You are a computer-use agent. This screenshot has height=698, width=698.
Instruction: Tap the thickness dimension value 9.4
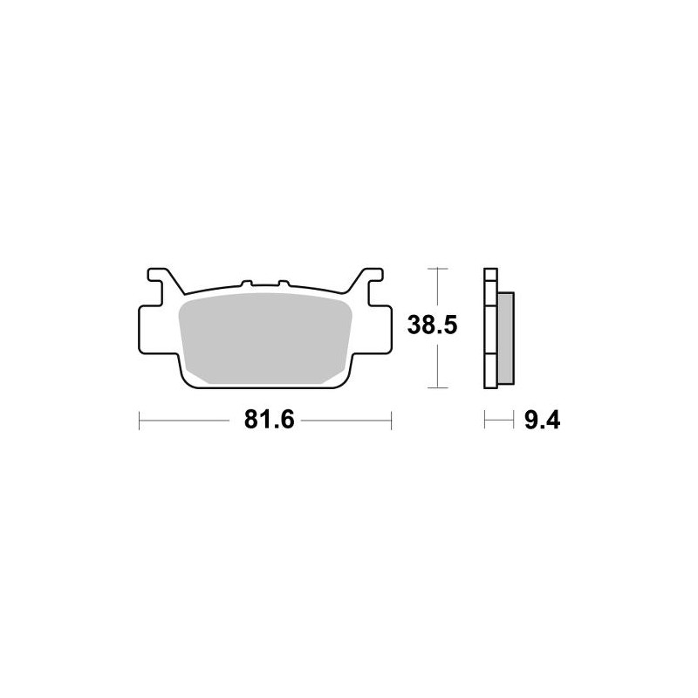pyautogui.click(x=540, y=421)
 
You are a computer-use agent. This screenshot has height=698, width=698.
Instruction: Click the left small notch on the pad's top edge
pyautogui.click(x=247, y=283)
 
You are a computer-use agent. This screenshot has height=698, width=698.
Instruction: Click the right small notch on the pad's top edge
pyautogui.click(x=282, y=283)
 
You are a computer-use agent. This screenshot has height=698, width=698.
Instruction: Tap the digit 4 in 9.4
pyautogui.click(x=551, y=421)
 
